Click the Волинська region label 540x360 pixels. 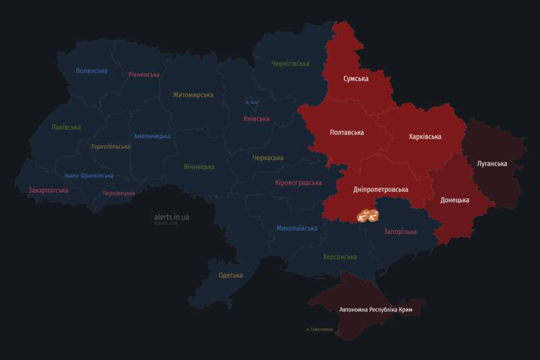92,71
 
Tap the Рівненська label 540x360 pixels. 144,74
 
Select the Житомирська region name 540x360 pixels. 193,95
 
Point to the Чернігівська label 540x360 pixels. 290,63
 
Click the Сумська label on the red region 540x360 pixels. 356,79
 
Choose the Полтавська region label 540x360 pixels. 347,132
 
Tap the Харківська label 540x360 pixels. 425,136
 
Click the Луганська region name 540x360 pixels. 492,164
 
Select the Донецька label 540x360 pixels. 455,200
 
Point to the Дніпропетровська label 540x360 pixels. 381,190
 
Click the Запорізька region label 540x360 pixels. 400,232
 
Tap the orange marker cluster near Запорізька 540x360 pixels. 368,215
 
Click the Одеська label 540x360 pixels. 231,275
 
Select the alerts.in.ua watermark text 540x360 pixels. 171,217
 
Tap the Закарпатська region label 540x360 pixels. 48,191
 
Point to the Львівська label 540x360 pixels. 66,127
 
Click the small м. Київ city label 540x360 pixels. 252,103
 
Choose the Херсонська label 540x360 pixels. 340,257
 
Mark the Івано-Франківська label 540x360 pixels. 89,176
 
